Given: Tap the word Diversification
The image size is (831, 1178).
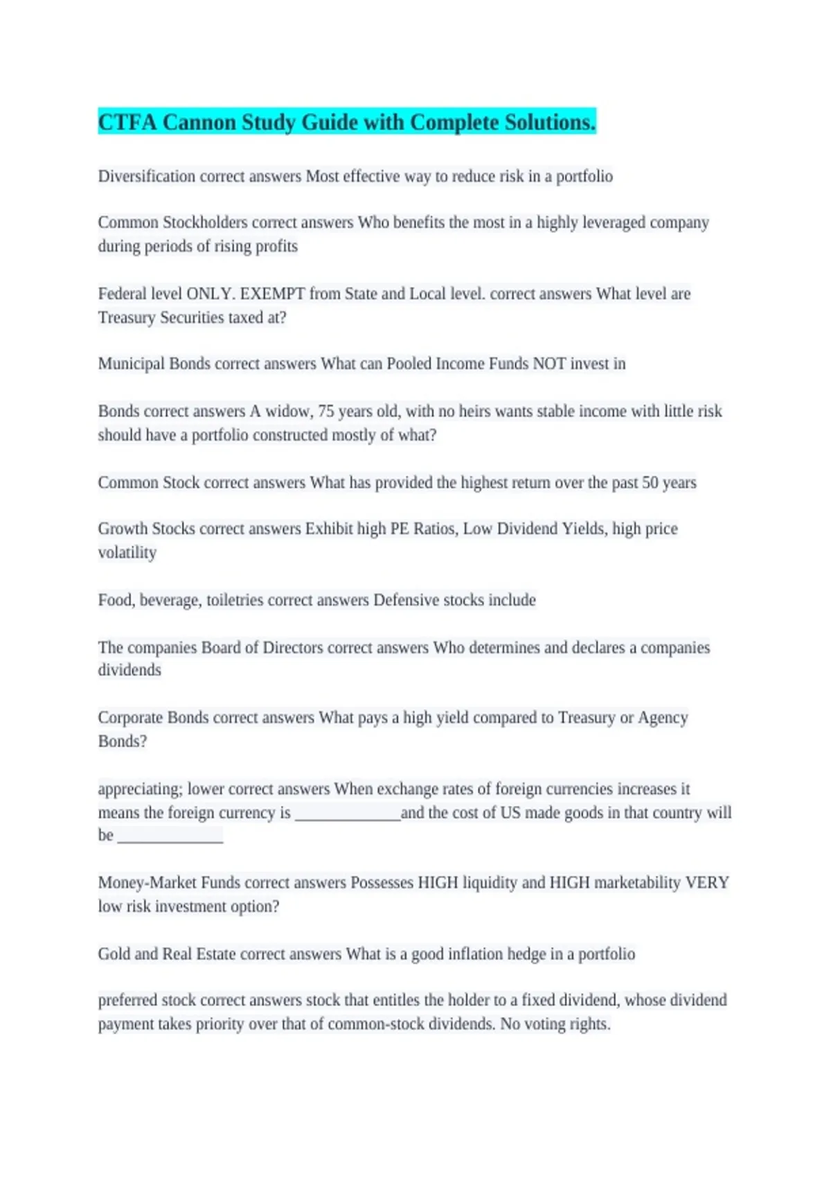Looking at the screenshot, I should pyautogui.click(x=146, y=177).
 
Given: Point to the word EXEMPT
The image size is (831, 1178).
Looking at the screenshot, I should pyautogui.click(x=272, y=294).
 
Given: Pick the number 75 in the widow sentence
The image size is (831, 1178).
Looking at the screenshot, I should pyautogui.click(x=325, y=412).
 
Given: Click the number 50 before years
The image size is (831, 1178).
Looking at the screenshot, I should pyautogui.click(x=650, y=482).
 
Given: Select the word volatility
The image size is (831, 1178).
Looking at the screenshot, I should pyautogui.click(x=127, y=553).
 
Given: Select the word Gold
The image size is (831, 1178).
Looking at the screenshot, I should pyautogui.click(x=114, y=954).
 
